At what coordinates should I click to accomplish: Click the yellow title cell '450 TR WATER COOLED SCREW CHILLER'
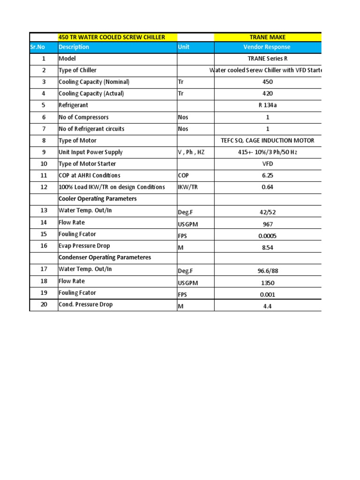(x=111, y=37)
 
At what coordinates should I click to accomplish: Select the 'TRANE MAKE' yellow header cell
(x=268, y=37)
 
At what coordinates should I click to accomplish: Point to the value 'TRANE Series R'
(x=268, y=59)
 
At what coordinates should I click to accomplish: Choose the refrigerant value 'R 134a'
(x=268, y=105)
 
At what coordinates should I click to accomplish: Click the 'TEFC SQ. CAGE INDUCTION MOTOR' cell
(x=268, y=141)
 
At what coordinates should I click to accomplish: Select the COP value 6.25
(x=268, y=175)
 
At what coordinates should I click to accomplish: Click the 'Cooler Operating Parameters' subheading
(x=97, y=199)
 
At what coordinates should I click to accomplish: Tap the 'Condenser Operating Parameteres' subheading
(x=105, y=257)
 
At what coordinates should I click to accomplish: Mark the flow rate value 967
(x=268, y=225)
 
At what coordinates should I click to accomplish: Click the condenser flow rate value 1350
(x=268, y=283)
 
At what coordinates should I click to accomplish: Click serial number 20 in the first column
(x=44, y=305)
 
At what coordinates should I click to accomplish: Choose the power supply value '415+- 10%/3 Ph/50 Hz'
(x=268, y=152)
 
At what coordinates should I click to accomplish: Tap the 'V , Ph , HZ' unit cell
(x=191, y=152)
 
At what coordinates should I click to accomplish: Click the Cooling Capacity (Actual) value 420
(x=268, y=94)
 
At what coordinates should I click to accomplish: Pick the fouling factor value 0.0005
(x=268, y=236)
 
